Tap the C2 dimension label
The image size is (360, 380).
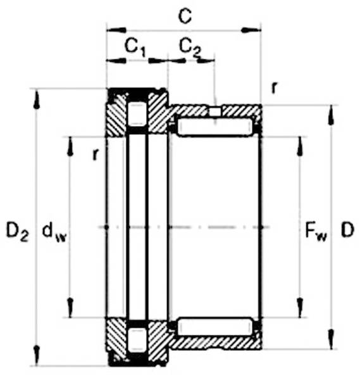coord(190,47)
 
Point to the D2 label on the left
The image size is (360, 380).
coord(18,231)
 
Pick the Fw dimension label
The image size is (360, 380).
coord(316,232)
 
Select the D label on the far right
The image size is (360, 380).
coord(347,230)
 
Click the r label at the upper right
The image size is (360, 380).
coord(274,88)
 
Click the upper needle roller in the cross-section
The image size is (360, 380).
coord(215,128)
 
